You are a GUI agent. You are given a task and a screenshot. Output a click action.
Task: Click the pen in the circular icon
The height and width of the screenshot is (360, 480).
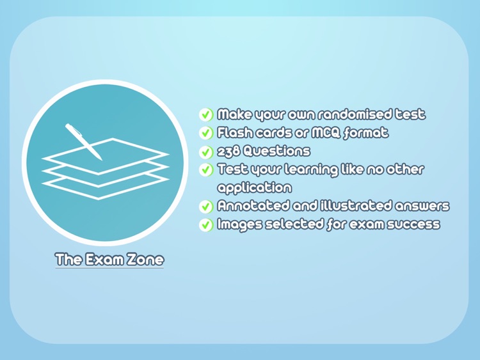[83, 141]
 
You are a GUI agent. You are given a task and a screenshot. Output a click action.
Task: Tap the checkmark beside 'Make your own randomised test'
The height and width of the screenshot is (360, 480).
[206, 115]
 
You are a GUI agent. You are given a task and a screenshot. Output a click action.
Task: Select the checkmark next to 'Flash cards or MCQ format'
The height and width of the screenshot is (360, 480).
[206, 133]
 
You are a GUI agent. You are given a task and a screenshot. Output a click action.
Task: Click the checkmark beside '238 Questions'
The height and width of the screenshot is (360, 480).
[206, 152]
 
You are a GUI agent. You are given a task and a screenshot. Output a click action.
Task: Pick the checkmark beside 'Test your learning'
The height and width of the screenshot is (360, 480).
[206, 169]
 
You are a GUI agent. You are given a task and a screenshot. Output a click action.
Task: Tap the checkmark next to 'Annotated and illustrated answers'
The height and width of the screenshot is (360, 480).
[206, 207]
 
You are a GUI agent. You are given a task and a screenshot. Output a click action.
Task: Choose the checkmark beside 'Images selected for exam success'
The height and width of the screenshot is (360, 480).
[206, 225]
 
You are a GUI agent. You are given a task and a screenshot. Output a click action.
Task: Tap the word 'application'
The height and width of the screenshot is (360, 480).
[254, 187]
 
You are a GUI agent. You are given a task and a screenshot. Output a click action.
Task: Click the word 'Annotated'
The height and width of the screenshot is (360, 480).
[253, 205]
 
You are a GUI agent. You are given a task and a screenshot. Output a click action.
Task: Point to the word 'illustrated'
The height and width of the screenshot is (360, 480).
[356, 205]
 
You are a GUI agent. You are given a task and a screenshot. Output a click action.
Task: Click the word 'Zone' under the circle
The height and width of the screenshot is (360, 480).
[145, 260]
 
